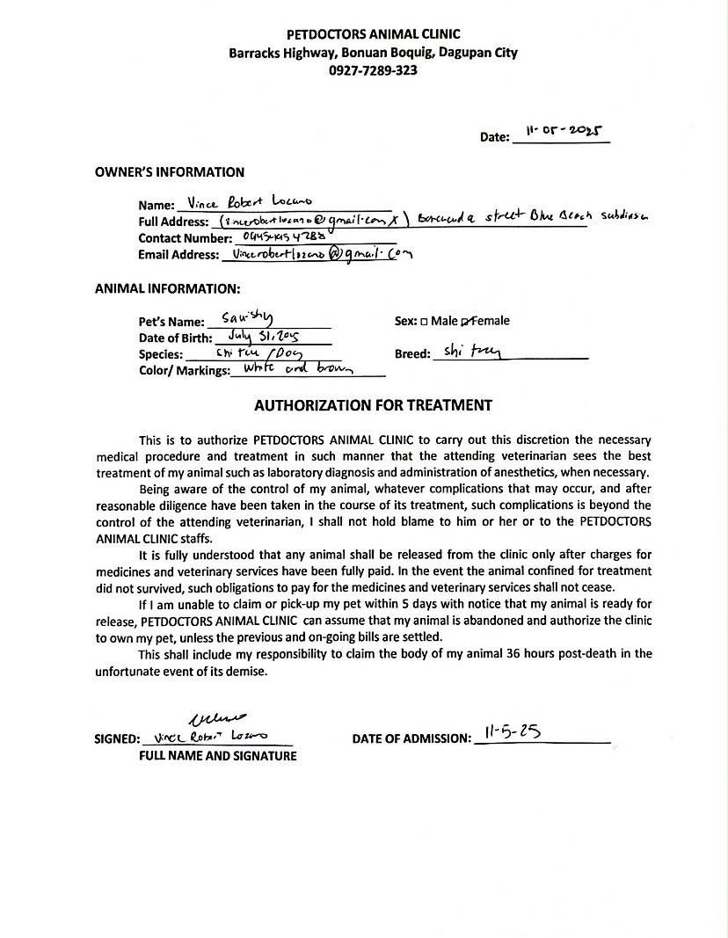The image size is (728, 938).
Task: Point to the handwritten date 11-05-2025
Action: point(564,131)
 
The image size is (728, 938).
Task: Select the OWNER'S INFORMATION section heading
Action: point(170,172)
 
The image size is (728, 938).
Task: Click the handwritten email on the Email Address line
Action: point(317,254)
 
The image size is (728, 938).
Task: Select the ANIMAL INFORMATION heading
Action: point(167,288)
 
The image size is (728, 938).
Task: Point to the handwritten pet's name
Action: point(248,319)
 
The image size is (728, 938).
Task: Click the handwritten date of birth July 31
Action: point(264,336)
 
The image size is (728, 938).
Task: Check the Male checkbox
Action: point(424,322)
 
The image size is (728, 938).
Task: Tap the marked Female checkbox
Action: point(466,322)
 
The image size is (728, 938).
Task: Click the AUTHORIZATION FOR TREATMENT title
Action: point(373,405)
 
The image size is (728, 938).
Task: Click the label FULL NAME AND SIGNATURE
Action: point(217,756)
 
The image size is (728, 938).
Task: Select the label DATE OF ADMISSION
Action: point(411,739)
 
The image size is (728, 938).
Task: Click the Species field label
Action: point(161,354)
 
